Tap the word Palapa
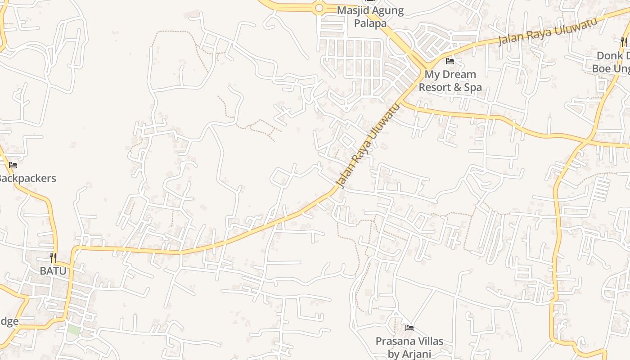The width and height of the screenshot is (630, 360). pyautogui.click(x=370, y=23)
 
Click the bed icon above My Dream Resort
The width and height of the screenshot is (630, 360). pyautogui.click(x=450, y=61)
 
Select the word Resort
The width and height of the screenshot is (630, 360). pyautogui.click(x=435, y=87)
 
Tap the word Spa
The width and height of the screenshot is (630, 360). pyautogui.click(x=473, y=87)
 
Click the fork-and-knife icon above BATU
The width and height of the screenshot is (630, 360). pyautogui.click(x=53, y=258)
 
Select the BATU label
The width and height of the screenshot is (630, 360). pyautogui.click(x=53, y=271)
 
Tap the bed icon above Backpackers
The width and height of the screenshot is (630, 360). pyautogui.click(x=13, y=165)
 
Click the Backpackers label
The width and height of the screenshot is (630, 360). pyautogui.click(x=27, y=178)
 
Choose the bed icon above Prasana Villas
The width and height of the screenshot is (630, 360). pyautogui.click(x=409, y=328)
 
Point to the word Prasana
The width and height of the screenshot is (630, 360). pyautogui.click(x=395, y=341)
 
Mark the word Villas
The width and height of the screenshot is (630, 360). pyautogui.click(x=430, y=341)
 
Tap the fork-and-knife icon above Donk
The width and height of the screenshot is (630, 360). pyautogui.click(x=624, y=42)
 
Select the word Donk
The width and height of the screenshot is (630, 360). pyautogui.click(x=610, y=55)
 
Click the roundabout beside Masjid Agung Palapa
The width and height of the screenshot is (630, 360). pyautogui.click(x=319, y=8)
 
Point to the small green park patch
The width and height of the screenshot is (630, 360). pyautogui.click(x=74, y=329)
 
